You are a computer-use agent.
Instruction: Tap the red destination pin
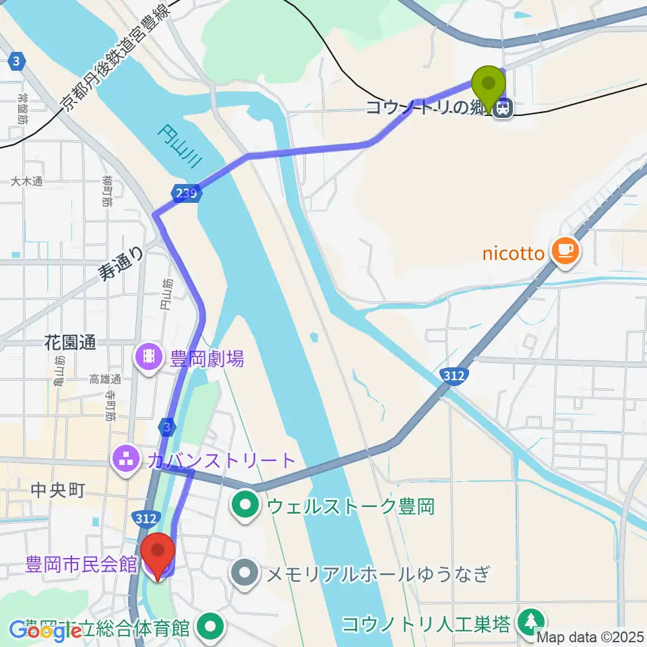point(159,553)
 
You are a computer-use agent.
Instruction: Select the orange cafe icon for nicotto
point(563,252)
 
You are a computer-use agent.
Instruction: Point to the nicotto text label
point(514,253)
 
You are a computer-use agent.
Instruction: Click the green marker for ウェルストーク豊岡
point(245,505)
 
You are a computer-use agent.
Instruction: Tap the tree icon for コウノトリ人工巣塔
point(532,621)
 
